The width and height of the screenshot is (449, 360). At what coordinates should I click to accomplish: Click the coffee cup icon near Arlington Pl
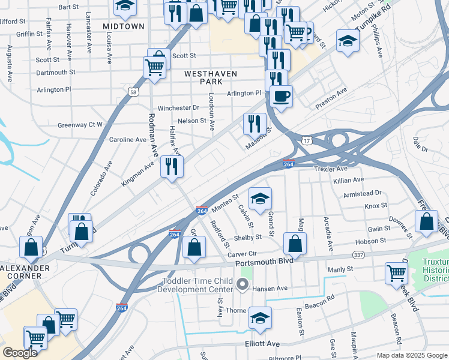281,95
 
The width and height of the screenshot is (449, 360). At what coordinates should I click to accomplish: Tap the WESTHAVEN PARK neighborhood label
211,77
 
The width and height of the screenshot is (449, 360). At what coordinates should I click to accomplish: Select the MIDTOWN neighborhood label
124,26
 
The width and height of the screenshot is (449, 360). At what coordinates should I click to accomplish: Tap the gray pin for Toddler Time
243,284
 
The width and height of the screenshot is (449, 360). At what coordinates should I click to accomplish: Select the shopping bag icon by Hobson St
295,243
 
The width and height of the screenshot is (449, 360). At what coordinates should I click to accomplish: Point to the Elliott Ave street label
262,344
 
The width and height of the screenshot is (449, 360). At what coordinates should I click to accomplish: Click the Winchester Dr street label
178,108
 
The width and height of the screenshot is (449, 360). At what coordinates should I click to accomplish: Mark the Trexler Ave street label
331,169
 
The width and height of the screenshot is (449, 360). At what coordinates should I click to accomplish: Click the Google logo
20,353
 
